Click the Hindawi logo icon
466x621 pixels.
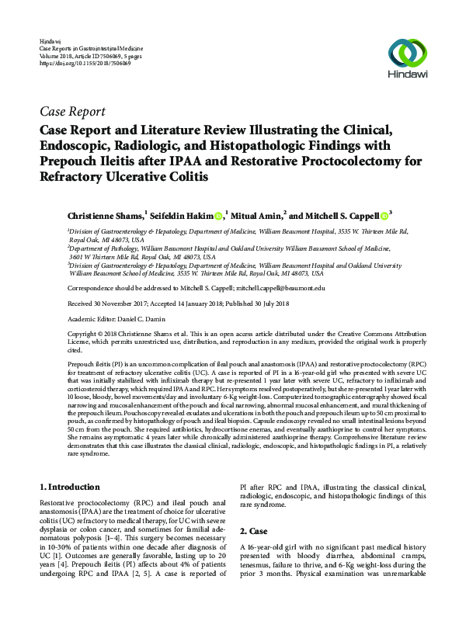tap(408, 53)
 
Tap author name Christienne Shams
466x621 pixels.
tap(101, 216)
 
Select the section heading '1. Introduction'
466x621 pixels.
tap(68, 487)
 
